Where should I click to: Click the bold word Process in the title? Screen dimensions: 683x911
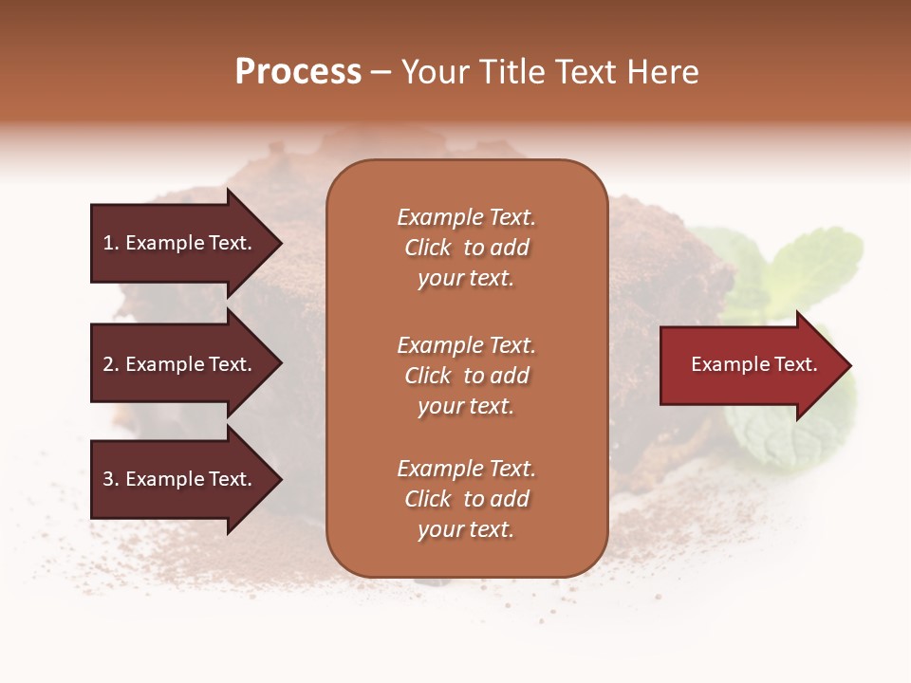coord(298,71)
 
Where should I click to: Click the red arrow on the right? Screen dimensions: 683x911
coord(750,365)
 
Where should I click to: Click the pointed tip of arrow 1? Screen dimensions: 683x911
coord(279,243)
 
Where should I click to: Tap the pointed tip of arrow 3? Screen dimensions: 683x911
coord(279,479)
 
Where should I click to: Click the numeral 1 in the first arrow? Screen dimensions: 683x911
coord(107,243)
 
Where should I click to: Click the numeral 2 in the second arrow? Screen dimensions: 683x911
coord(108,364)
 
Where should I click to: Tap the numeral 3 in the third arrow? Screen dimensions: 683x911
coord(108,479)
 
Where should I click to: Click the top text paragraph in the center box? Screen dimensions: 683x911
coord(466,248)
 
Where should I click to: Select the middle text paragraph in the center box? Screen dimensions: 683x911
coord(466,376)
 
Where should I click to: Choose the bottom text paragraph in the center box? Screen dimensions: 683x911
coord(466,499)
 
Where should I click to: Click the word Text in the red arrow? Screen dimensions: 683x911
coord(794,364)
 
